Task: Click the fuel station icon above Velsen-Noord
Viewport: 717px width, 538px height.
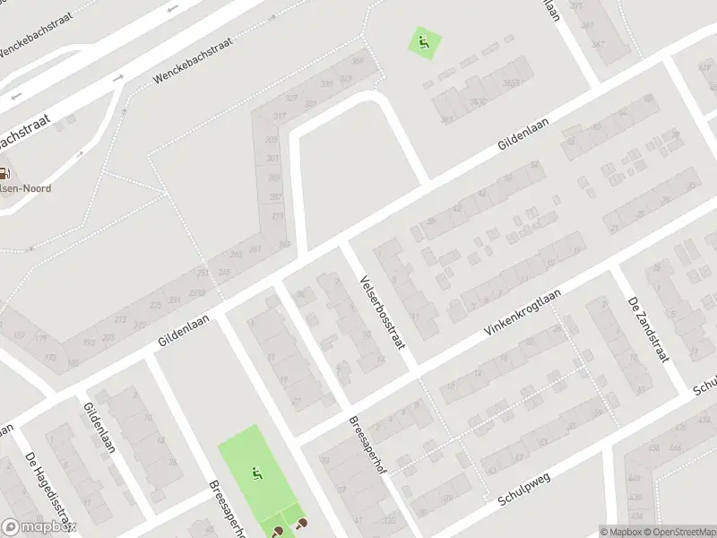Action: [5, 175]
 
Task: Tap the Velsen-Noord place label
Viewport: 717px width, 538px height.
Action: [25, 188]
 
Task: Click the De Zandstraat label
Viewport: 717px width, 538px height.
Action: [649, 331]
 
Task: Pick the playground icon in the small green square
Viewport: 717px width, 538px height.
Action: [426, 40]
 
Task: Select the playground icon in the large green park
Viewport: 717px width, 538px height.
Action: [257, 473]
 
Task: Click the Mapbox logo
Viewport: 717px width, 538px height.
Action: [39, 527]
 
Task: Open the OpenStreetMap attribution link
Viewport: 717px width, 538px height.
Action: [680, 532]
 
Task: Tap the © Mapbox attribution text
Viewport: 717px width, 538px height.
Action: [622, 532]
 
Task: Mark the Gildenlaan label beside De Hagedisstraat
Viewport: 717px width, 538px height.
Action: [99, 427]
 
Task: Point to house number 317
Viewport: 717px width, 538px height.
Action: [279, 117]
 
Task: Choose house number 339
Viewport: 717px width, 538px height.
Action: [326, 84]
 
